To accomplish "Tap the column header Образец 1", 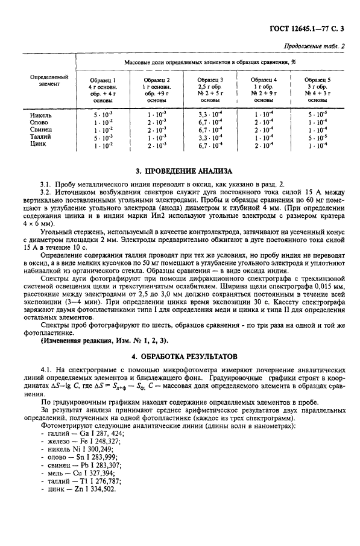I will (x=102, y=80).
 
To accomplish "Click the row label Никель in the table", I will (x=41, y=114).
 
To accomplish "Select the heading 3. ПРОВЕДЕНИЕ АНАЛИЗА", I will (x=181, y=171).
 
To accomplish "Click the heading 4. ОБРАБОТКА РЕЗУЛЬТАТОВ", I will (x=181, y=356).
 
